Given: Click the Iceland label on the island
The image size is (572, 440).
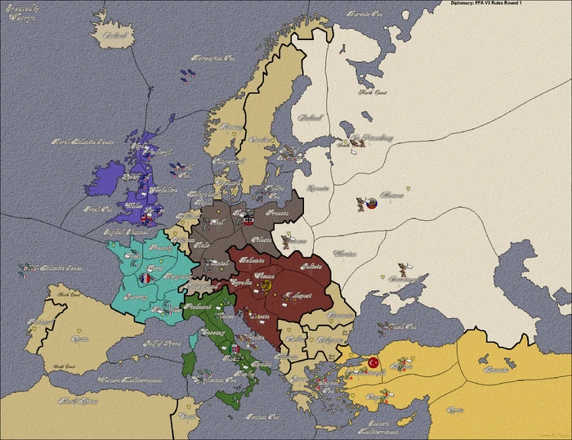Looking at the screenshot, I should point(117,35).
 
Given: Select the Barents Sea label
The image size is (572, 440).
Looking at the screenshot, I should point(364,14).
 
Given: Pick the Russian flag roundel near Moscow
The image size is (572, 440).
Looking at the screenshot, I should point(371,202).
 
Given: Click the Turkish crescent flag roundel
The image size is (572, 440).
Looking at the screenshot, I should point(373,362).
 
